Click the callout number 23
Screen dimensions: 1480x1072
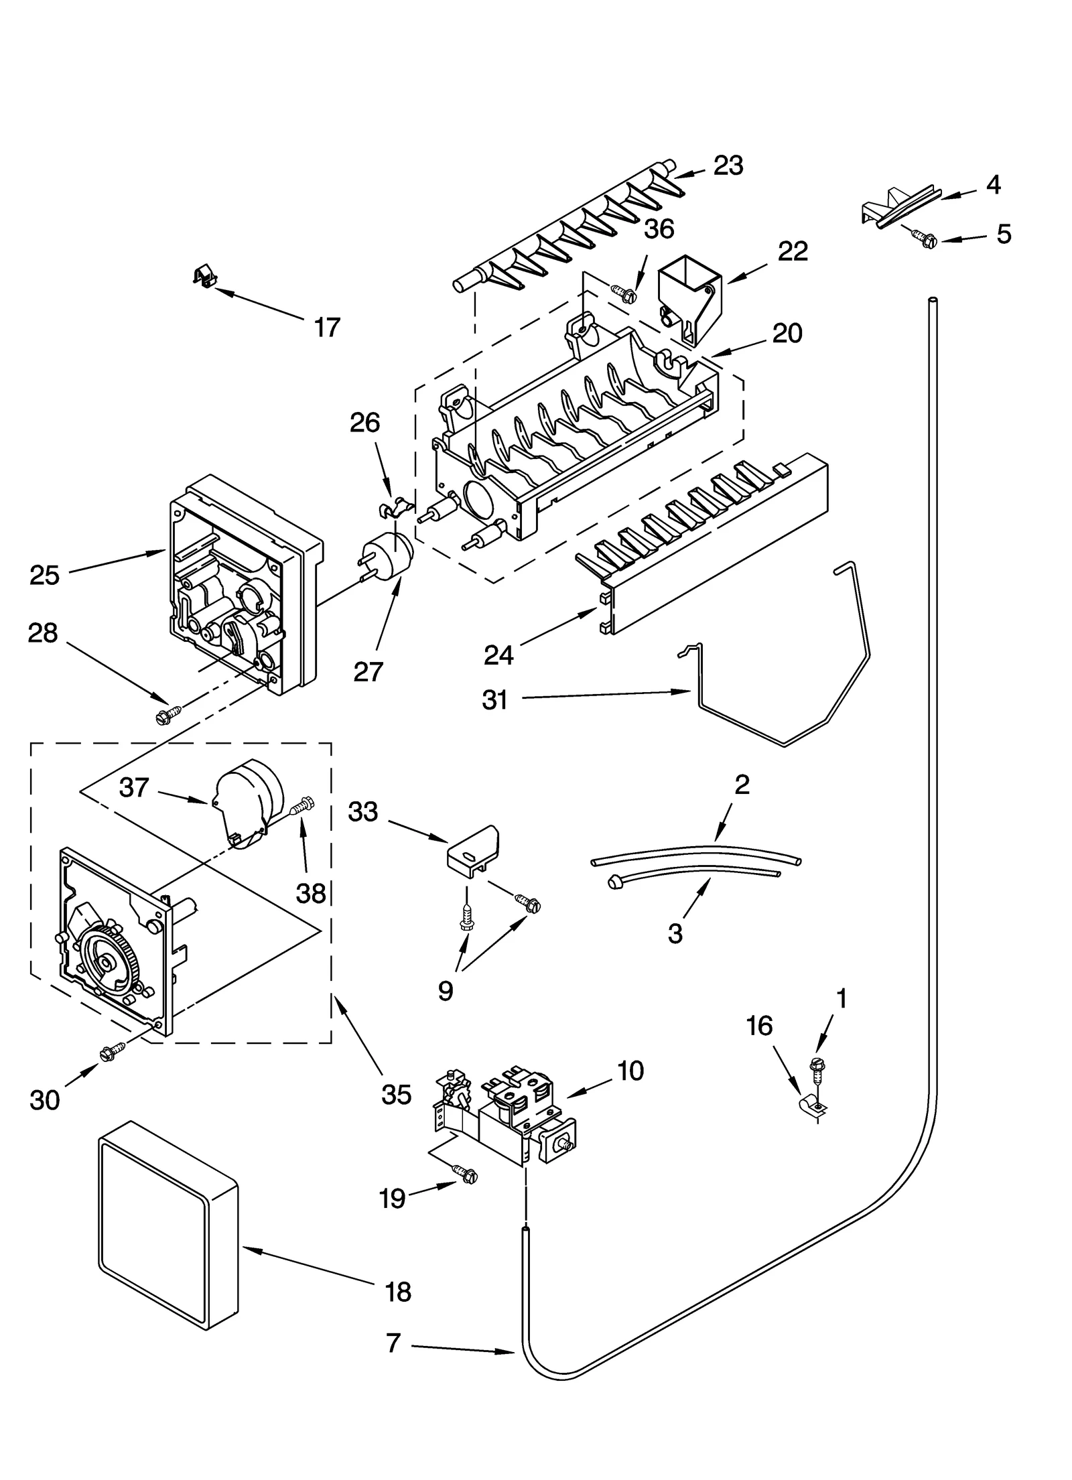tap(728, 165)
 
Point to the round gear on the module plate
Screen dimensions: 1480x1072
tap(109, 961)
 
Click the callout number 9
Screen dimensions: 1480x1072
tap(446, 990)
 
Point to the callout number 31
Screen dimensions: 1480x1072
tap(495, 700)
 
